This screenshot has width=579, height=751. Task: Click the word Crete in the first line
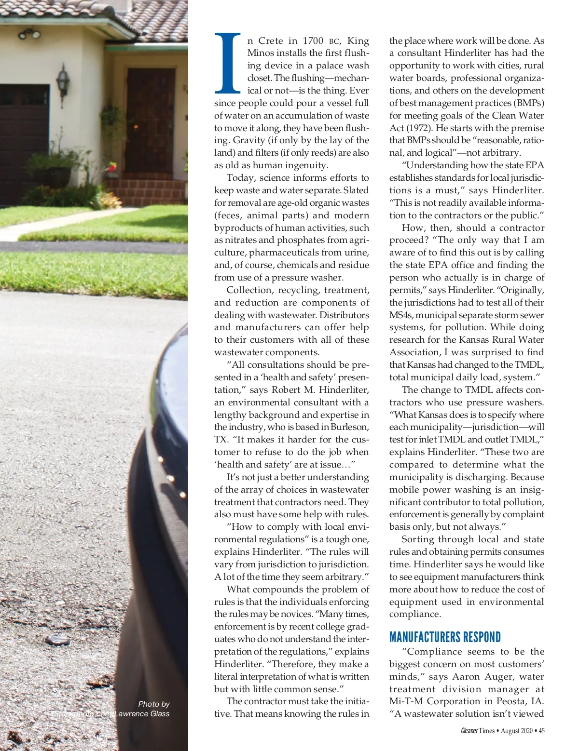271,41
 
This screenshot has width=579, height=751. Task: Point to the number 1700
313,41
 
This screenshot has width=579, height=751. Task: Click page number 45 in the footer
542,731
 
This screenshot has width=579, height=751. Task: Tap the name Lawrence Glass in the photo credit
142,714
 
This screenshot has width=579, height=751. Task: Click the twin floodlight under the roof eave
29,34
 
